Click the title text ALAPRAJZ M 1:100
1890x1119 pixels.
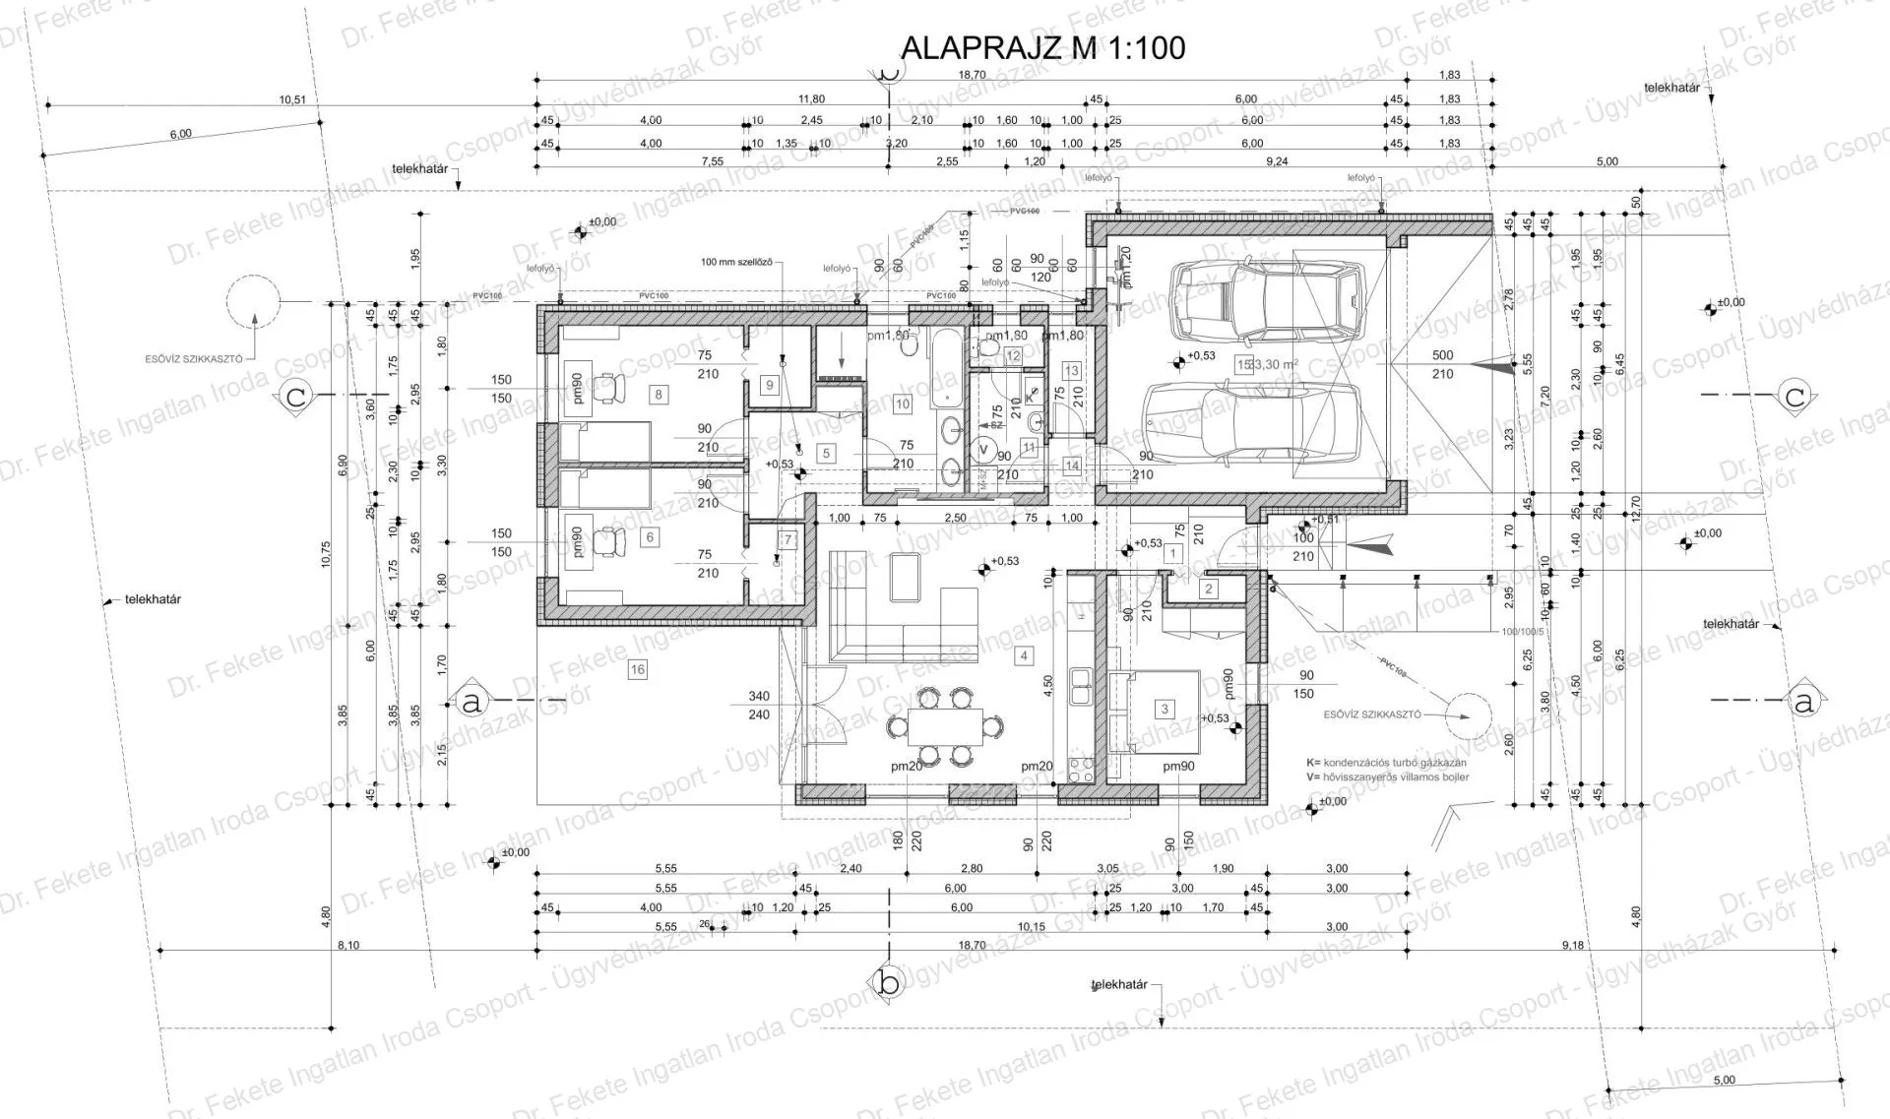[1042, 47]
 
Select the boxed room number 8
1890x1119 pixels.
[658, 395]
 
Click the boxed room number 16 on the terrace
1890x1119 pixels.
[637, 670]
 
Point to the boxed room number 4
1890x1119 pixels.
[1024, 655]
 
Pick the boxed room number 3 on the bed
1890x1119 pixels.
[1165, 709]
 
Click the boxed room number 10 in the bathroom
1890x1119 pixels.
[902, 404]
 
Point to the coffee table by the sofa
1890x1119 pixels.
[906, 578]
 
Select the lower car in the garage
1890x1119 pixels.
[1251, 423]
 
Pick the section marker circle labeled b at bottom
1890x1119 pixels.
[888, 981]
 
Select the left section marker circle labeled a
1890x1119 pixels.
[472, 702]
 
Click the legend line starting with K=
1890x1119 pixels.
[1386, 763]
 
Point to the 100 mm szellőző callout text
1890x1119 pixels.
[735, 263]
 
